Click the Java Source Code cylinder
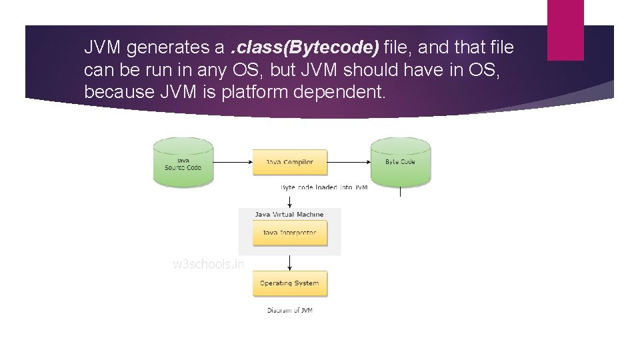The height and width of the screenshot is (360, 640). (x=183, y=162)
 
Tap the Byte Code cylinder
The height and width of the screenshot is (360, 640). (x=401, y=162)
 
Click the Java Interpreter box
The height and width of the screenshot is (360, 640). (x=289, y=233)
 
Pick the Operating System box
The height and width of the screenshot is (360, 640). (x=289, y=283)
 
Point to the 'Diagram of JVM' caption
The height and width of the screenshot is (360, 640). (x=289, y=310)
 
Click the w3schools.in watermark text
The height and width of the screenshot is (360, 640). (x=209, y=263)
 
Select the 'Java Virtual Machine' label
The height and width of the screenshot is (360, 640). (x=289, y=215)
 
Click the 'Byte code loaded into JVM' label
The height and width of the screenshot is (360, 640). (x=324, y=187)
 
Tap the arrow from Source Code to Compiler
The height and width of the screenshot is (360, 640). (x=233, y=162)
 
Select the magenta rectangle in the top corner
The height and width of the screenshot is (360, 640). (x=565, y=29)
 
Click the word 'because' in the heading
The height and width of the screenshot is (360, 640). (x=118, y=91)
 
